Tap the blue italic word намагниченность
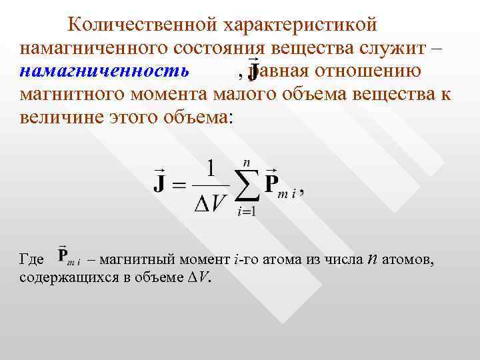[x=104, y=71]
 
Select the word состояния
[x=221, y=48]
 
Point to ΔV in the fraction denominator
[x=211, y=204]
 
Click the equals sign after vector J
[x=178, y=185]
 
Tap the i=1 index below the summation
[x=247, y=212]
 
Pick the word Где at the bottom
[x=32, y=259]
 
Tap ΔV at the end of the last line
[x=199, y=278]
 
